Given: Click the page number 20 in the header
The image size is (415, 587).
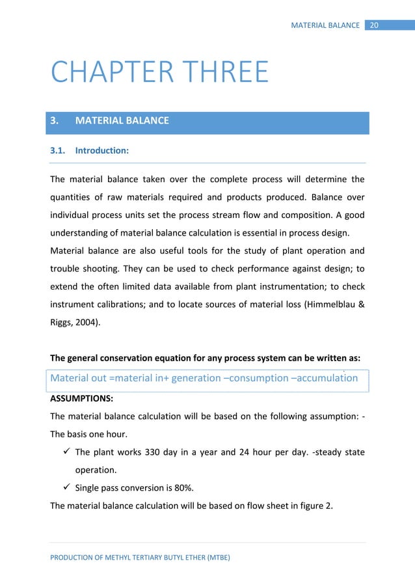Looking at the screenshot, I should [x=374, y=25].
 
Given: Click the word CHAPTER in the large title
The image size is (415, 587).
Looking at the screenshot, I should [x=110, y=72].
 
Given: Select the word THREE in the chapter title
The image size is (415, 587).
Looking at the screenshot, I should [x=221, y=72].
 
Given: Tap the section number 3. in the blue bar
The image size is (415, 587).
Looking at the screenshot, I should [x=55, y=120].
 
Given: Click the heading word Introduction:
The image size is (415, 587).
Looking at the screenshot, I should [x=102, y=150].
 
